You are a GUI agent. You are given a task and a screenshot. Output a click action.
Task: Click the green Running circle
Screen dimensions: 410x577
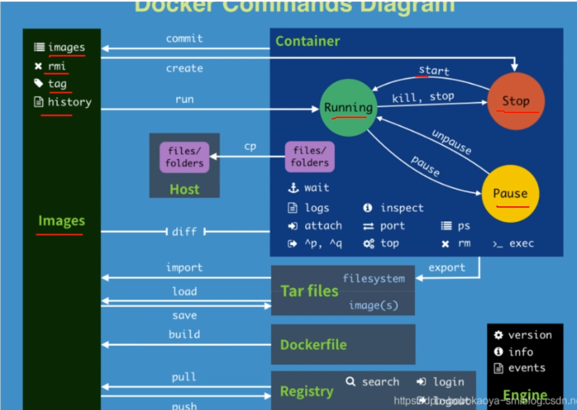348,108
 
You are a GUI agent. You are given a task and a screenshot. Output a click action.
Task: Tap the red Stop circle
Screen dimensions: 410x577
515,101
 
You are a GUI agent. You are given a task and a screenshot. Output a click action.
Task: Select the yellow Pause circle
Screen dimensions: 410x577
510,194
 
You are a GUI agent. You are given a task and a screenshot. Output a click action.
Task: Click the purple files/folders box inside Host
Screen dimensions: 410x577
184,157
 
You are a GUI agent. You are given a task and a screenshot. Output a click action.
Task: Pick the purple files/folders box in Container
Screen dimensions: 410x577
309,157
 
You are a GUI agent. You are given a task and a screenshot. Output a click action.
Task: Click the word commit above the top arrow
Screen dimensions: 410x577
184,39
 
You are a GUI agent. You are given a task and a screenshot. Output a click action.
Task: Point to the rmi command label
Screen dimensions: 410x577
57,66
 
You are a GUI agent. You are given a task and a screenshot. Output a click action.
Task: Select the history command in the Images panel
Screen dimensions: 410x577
69,102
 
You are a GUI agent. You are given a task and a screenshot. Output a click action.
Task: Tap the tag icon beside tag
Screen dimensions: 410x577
39,83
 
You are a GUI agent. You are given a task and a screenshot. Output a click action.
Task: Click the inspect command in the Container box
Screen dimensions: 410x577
402,208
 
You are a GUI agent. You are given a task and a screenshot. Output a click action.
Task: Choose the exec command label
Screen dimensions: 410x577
521,244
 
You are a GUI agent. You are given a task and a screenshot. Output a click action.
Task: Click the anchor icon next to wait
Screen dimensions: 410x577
293,188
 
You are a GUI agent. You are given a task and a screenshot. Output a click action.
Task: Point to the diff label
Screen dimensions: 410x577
184,232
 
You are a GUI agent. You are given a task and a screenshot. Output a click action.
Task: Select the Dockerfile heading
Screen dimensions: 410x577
313,345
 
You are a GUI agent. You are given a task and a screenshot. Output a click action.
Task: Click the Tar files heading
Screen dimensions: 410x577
309,291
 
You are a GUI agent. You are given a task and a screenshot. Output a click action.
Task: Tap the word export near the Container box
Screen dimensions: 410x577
447,268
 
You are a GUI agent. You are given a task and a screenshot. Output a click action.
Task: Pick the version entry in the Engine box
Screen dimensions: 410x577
529,335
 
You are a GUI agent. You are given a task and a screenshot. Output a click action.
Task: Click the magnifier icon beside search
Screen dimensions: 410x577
351,382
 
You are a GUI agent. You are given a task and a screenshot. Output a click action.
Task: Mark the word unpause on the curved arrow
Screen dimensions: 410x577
451,142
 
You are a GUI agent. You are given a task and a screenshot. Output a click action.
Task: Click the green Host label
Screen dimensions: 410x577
184,189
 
